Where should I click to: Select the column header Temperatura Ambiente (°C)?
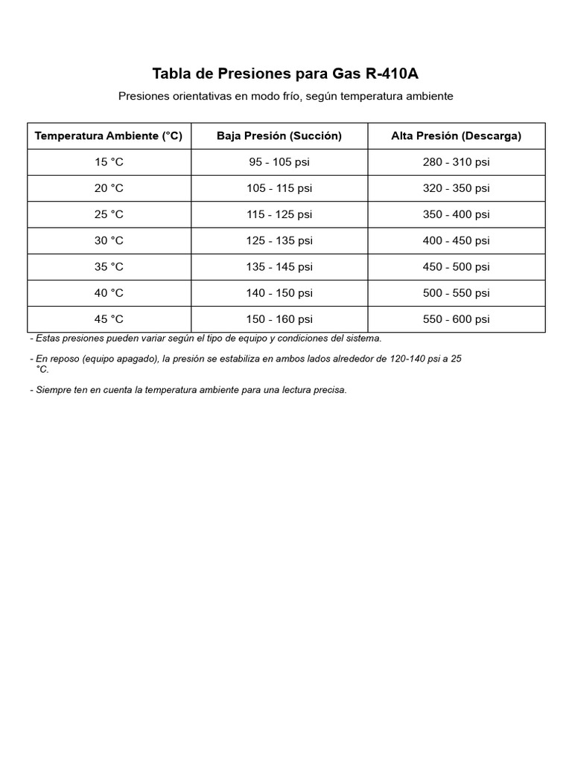click(109, 135)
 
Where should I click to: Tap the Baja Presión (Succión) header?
click(279, 135)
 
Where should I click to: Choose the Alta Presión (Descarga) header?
click(456, 135)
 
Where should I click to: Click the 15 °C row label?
click(109, 162)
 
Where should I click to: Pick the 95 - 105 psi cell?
click(279, 162)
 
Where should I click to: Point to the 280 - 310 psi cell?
click(456, 162)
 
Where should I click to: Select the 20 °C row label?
click(109, 188)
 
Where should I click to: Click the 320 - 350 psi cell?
click(456, 188)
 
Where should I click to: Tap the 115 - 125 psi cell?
click(279, 214)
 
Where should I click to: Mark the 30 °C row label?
click(109, 240)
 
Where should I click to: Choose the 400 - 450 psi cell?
click(456, 240)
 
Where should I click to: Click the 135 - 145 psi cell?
click(279, 266)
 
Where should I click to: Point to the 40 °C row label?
click(109, 293)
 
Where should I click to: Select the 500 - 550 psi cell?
click(456, 293)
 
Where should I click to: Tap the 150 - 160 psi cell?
click(279, 319)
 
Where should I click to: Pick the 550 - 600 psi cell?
click(456, 319)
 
